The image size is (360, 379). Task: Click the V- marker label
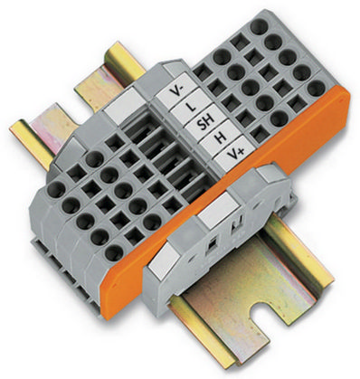pos(175,90)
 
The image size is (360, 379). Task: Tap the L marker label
pos(189,106)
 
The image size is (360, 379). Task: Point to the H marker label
pos(220,137)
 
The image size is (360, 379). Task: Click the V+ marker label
pos(235,153)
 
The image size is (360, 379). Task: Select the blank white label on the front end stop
pos(218,210)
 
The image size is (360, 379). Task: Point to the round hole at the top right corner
pos(260,26)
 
